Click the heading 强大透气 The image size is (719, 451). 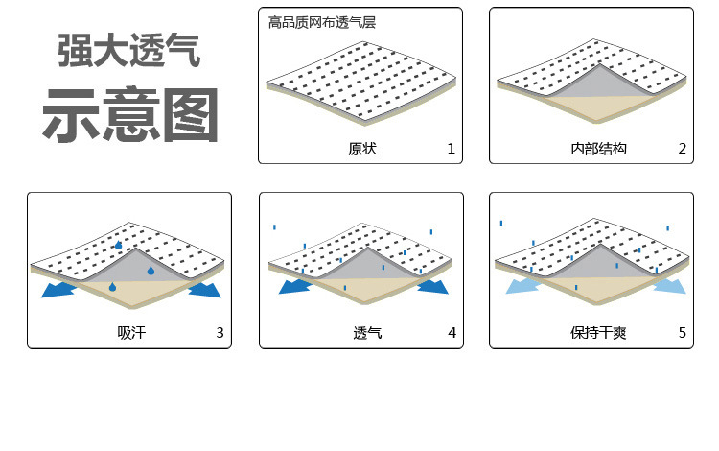[130, 51]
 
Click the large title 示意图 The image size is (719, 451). [130, 115]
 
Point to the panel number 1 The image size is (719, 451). [451, 149]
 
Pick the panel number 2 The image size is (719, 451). [682, 149]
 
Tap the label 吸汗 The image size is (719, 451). [130, 333]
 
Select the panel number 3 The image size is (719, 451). [220, 333]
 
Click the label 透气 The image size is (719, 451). [367, 333]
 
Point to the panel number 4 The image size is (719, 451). [451, 333]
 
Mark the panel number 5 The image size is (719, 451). [682, 333]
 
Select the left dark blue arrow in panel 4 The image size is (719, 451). [294, 287]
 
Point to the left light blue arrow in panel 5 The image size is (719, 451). [524, 285]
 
